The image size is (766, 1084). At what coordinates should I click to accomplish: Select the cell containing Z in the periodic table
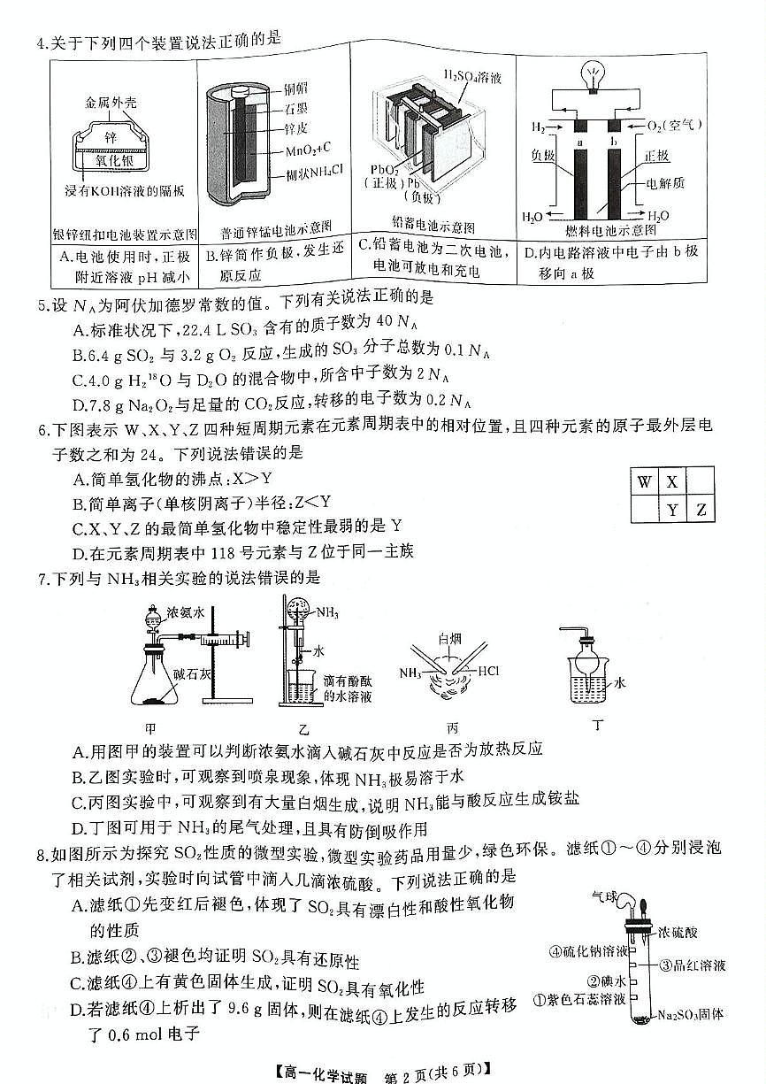point(701,510)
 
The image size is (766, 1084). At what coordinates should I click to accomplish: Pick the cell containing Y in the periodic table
point(672,510)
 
